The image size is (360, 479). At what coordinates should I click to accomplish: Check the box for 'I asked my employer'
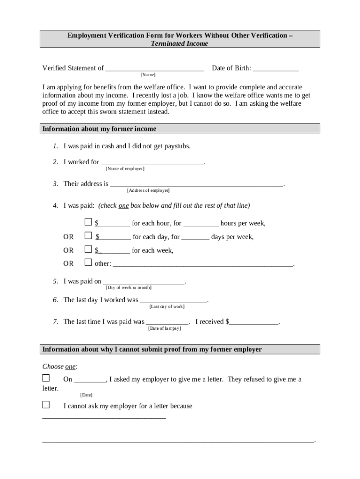pyautogui.click(x=46, y=377)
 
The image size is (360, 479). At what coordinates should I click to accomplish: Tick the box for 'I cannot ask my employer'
pyautogui.click(x=46, y=404)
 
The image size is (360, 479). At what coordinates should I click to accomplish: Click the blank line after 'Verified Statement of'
pyautogui.click(x=155, y=68)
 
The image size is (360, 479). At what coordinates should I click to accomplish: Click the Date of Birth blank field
pyautogui.click(x=275, y=68)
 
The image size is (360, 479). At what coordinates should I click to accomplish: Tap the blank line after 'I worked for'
pyautogui.click(x=152, y=162)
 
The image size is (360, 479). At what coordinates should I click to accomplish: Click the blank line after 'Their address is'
pyautogui.click(x=196, y=184)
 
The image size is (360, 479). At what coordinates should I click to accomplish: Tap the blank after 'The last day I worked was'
pyautogui.click(x=173, y=300)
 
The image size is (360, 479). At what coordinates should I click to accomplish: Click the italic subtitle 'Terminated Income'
pyautogui.click(x=180, y=44)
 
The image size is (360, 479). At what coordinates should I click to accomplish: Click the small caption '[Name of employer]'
pyautogui.click(x=125, y=168)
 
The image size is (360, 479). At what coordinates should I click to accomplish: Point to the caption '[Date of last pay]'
pyautogui.click(x=165, y=328)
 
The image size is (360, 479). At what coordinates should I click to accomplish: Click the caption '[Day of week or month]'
pyautogui.click(x=129, y=288)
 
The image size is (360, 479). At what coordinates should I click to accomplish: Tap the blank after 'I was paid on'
pyautogui.click(x=144, y=282)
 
